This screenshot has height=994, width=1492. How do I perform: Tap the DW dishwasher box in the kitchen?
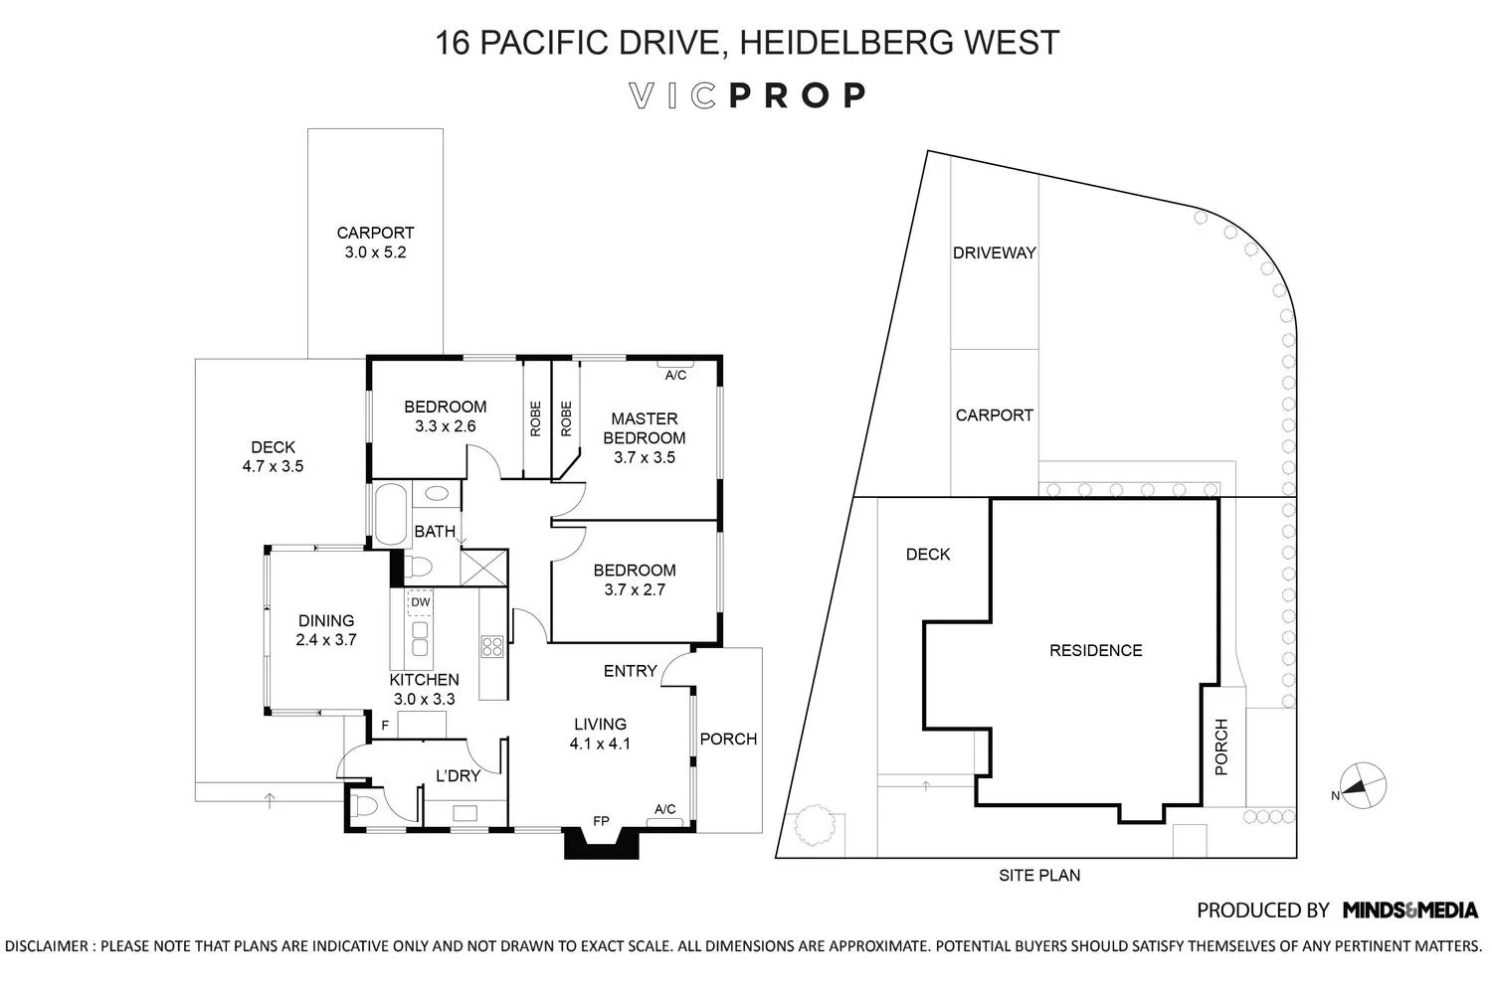click(x=421, y=602)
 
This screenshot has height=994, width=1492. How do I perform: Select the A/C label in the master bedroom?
click(x=675, y=375)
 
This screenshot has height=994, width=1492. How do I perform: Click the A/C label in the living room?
click(x=665, y=809)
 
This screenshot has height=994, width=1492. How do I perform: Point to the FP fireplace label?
click(x=601, y=821)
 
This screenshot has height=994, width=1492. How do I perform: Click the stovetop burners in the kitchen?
click(x=491, y=646)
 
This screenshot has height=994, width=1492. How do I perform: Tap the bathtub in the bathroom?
click(x=386, y=513)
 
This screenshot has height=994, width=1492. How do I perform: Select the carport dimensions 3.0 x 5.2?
click(x=375, y=252)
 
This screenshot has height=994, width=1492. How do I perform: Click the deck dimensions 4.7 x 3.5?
click(x=273, y=466)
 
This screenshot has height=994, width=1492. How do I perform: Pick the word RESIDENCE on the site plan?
click(x=1095, y=650)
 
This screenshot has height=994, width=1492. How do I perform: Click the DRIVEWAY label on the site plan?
click(x=994, y=252)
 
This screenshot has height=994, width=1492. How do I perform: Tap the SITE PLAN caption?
click(x=1039, y=876)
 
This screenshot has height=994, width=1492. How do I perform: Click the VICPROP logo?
click(x=747, y=95)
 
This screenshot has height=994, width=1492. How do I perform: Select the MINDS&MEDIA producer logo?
click(x=1410, y=910)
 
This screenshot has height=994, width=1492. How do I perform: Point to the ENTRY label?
click(x=630, y=671)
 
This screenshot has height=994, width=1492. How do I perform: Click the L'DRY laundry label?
click(x=458, y=775)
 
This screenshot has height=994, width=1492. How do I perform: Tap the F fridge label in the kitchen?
click(x=384, y=727)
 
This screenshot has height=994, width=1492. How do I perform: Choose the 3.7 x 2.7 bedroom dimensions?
click(x=634, y=589)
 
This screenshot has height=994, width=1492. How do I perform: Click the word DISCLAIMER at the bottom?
click(x=47, y=945)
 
